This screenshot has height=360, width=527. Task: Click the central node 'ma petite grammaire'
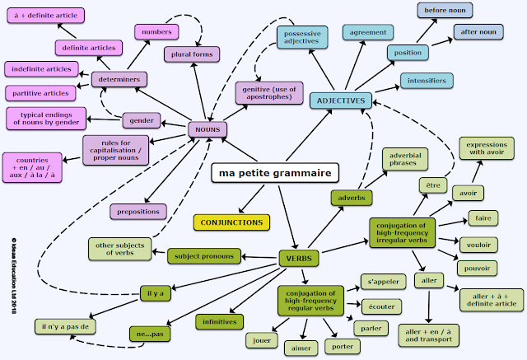coord(276,174)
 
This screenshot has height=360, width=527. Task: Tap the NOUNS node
coord(207,129)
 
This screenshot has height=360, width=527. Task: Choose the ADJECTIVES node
coord(340,101)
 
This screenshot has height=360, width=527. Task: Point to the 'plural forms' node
coord(192,54)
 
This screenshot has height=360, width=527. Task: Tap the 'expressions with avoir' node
coord(486,147)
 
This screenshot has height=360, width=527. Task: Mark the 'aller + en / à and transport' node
coord(428,334)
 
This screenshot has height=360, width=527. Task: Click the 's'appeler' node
coord(383,282)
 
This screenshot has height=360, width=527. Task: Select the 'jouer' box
coord(262,338)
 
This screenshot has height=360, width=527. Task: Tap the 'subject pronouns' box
coord(204,256)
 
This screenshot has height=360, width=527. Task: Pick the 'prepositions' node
coord(138,211)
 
